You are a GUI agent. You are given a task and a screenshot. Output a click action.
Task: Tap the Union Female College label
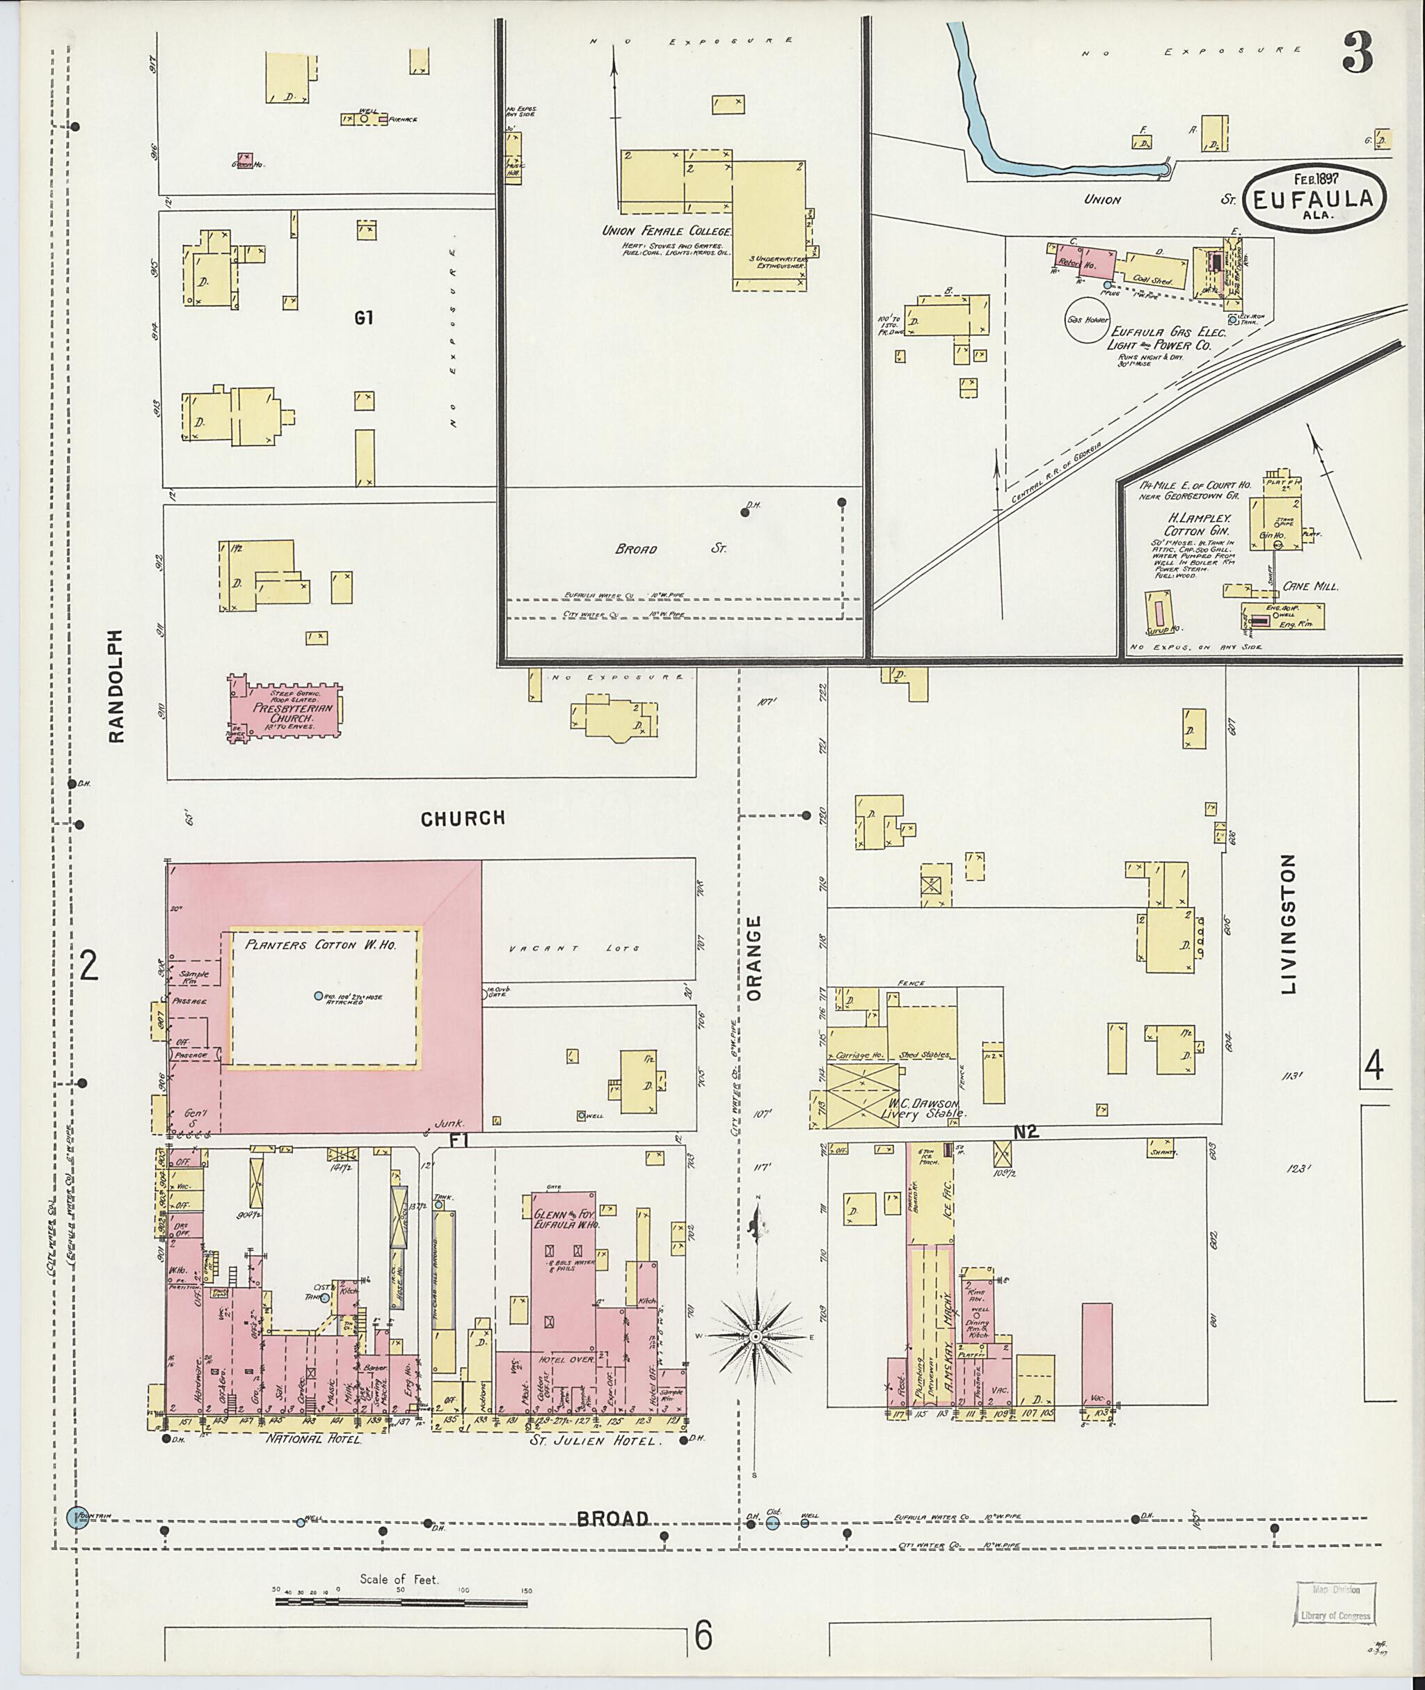[667, 231]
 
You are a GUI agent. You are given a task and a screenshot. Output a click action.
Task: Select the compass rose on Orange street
[756, 1337]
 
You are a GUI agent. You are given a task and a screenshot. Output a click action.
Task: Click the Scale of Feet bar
[402, 1591]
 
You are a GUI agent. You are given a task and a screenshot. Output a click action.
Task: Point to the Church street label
[463, 818]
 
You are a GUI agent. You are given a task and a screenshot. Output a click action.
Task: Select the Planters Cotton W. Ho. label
[321, 944]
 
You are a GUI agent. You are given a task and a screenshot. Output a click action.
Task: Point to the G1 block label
[363, 318]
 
